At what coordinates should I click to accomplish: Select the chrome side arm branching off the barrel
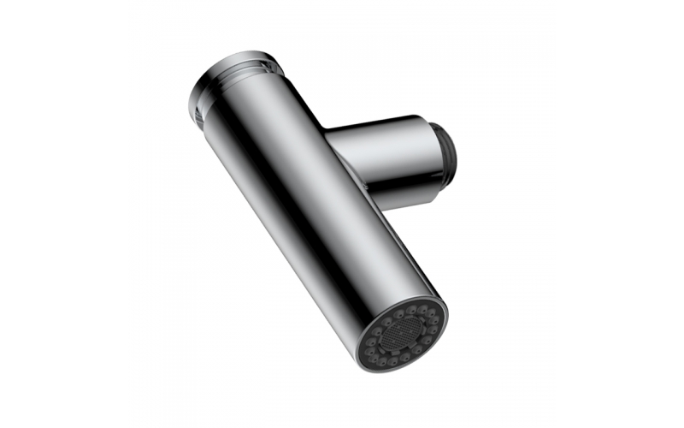click(389, 158)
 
